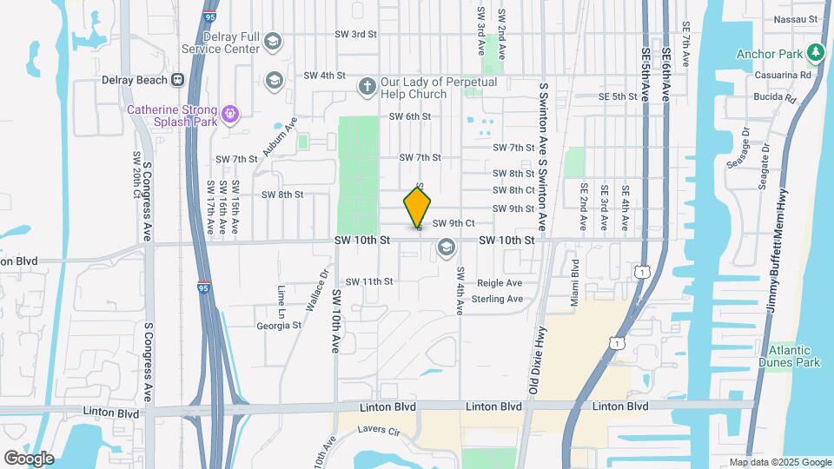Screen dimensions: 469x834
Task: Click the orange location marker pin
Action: [417, 207]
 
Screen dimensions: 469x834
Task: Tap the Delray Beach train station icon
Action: [177, 80]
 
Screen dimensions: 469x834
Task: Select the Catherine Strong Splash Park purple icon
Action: [230, 112]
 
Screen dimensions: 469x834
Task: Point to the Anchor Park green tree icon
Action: [815, 54]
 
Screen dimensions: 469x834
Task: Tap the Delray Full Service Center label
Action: [221, 43]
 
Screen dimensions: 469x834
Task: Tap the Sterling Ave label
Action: [497, 300]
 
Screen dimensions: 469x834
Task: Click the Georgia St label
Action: [278, 326]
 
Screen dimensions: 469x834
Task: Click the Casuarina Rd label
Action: [786, 76]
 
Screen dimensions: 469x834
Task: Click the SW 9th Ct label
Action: [453, 223]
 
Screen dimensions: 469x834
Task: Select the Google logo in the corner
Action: [29, 459]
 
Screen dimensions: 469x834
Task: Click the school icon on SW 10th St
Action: [447, 248]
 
